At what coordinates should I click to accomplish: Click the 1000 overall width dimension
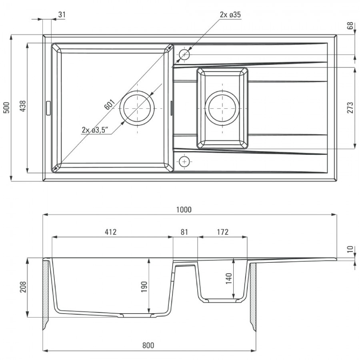(x=184, y=210)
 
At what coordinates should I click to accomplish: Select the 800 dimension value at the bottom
(x=148, y=345)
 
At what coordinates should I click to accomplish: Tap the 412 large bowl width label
(x=111, y=232)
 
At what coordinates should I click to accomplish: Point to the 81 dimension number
(x=184, y=232)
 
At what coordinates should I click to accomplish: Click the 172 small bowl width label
(x=223, y=232)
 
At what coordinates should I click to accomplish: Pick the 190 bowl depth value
(x=144, y=286)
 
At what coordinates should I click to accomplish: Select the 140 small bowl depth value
(x=229, y=278)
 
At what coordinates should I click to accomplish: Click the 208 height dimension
(x=23, y=287)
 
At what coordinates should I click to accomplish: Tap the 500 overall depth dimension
(x=6, y=108)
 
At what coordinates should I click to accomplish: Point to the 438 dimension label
(x=23, y=106)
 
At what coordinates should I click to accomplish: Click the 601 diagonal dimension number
(x=109, y=105)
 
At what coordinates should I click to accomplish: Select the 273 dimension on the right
(x=350, y=108)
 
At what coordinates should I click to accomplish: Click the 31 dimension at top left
(x=62, y=15)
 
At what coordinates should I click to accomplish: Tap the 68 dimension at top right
(x=350, y=26)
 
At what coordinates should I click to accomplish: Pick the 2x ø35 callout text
(x=230, y=15)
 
